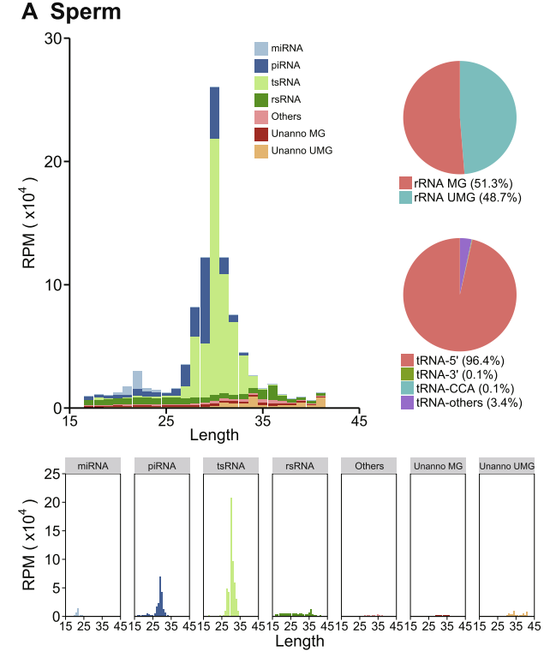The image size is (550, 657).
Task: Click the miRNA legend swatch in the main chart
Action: [x=262, y=48]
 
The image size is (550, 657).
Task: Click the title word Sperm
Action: [x=86, y=13]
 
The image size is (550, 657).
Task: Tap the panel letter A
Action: [x=30, y=13]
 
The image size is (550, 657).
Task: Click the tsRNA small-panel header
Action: [x=230, y=465]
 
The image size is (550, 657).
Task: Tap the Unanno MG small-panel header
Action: [x=437, y=465]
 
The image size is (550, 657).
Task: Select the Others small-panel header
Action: [x=368, y=465]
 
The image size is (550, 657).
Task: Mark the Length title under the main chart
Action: [x=214, y=435]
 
